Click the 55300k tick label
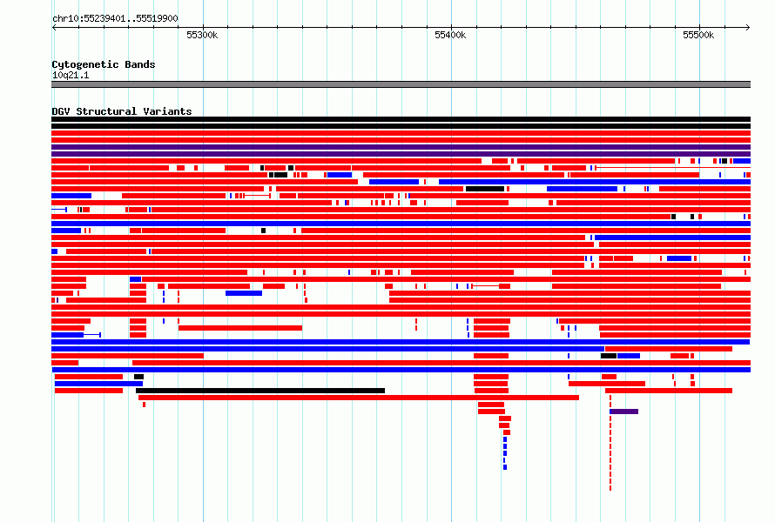click(202, 35)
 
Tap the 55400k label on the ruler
click(450, 35)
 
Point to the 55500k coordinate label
click(697, 35)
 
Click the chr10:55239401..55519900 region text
click(115, 19)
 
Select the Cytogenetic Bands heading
click(104, 64)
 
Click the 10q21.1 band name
click(71, 75)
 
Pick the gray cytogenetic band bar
click(401, 84)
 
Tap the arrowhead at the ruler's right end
click(748, 28)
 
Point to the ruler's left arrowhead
click(54, 28)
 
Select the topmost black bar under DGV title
click(401, 119)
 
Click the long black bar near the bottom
click(260, 391)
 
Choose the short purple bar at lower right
click(623, 412)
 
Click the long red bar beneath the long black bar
click(359, 398)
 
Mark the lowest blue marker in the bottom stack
click(505, 467)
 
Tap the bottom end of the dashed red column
click(610, 490)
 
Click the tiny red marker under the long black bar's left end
click(144, 405)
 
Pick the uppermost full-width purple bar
click(401, 147)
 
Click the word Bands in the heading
click(140, 64)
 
